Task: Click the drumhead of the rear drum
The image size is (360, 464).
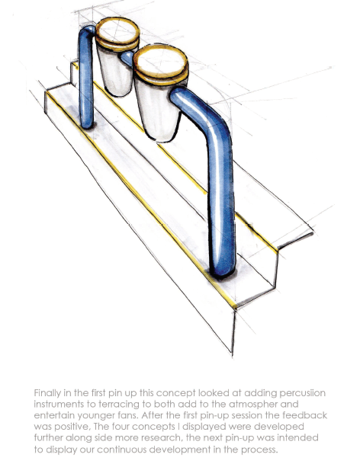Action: click(x=117, y=31)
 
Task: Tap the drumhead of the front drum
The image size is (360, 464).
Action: click(x=160, y=62)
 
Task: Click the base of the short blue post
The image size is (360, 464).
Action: click(x=87, y=124)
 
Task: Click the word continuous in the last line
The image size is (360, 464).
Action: click(x=121, y=450)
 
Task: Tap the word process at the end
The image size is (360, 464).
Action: click(x=259, y=450)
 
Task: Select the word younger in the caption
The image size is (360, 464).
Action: click(x=95, y=416)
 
